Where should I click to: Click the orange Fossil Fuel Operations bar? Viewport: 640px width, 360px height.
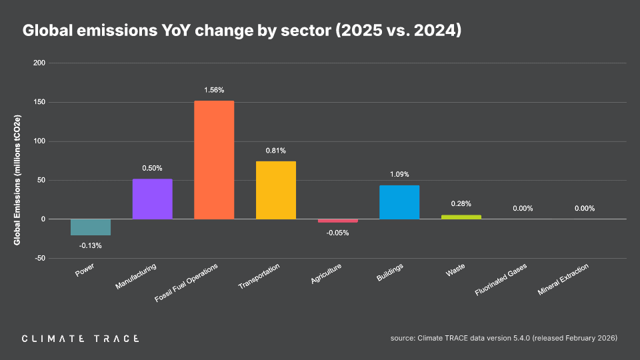click(214, 160)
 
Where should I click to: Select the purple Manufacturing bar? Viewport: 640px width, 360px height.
click(153, 199)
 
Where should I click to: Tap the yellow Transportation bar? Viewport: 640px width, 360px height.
click(276, 190)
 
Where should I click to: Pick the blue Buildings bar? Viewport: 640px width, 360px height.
click(399, 202)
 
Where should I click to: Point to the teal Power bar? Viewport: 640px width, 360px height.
click(91, 227)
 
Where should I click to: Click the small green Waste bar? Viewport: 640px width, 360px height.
click(461, 217)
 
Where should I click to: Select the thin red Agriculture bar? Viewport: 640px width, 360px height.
click(337, 221)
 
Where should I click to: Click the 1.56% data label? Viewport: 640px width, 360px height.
click(214, 90)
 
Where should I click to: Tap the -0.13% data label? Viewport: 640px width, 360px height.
click(91, 246)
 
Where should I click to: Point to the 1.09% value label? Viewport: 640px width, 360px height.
click(399, 175)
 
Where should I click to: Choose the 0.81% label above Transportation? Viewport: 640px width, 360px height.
click(276, 151)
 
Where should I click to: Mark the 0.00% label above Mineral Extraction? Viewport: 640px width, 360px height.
click(584, 209)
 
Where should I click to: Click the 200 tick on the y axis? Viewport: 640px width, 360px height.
click(39, 63)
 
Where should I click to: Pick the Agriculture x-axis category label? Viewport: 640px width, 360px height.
click(327, 275)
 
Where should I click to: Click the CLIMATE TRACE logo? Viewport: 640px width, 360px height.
click(80, 339)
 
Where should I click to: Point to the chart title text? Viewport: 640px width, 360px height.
click(242, 31)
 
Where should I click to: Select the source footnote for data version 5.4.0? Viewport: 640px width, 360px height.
click(504, 339)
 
